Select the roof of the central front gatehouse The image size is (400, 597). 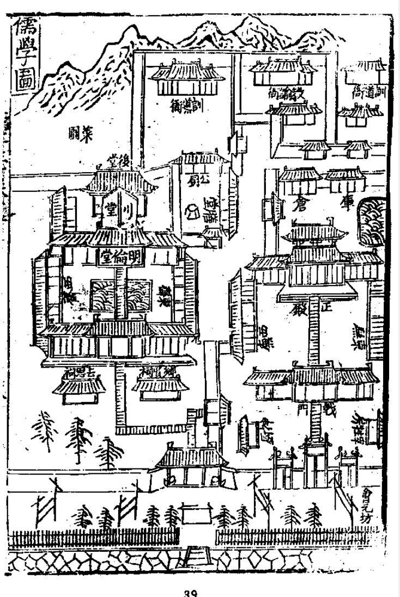190,457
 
